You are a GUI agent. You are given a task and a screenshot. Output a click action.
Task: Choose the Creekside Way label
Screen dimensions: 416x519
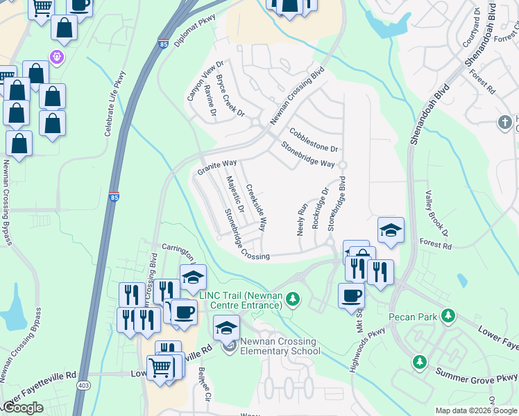(x=256, y=207)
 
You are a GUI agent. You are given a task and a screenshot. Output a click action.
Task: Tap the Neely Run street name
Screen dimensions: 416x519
(x=302, y=218)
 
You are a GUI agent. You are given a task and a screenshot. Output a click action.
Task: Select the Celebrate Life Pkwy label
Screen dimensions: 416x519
(x=116, y=103)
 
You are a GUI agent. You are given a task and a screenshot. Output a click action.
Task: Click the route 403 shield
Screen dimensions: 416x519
(x=83, y=385)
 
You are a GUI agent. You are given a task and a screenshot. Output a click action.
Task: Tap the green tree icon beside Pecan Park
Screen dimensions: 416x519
(x=448, y=316)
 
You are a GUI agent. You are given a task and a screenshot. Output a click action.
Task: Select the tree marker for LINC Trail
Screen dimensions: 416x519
(x=293, y=299)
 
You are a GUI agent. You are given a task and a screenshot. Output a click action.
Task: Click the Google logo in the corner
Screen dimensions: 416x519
(x=24, y=408)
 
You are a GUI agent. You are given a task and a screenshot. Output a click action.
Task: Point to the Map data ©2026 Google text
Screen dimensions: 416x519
(x=475, y=410)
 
